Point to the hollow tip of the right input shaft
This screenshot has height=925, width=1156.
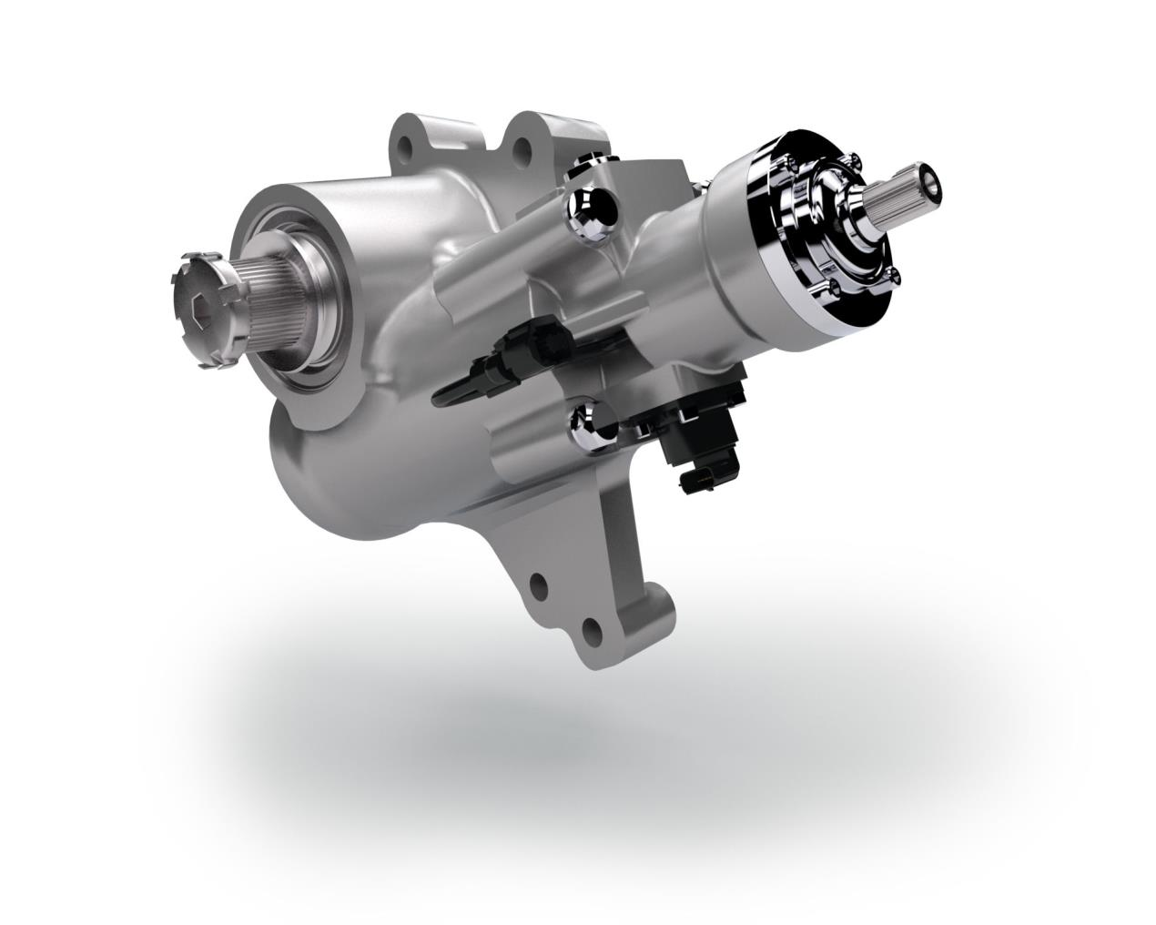(x=931, y=179)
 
